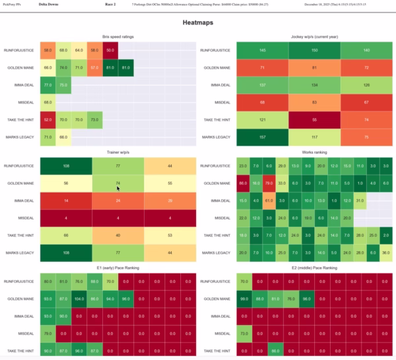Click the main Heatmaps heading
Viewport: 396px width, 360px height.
click(197, 23)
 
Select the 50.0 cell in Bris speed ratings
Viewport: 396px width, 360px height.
click(110, 50)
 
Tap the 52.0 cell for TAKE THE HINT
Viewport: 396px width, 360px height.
click(48, 121)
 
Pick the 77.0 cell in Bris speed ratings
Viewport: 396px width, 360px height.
click(48, 85)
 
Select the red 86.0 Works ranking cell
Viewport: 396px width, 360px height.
click(244, 182)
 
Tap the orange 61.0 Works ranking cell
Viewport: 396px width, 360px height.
click(269, 199)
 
